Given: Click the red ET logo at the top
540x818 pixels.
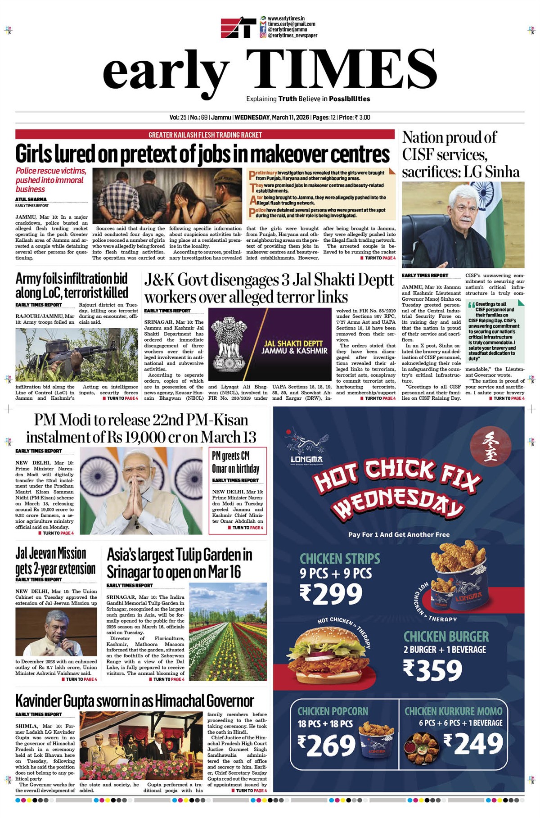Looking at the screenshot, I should click(238, 27).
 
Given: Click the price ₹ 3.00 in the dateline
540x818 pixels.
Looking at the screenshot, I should click(362, 118).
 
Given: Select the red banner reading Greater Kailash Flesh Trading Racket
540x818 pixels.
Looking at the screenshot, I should click(206, 135).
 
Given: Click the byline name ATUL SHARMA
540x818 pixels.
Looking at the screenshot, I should click(31, 199).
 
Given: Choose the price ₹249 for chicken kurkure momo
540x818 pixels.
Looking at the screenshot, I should click(473, 743).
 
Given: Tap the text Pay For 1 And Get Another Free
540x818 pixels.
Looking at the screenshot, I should click(399, 535).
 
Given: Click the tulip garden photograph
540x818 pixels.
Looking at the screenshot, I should click(228, 631).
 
